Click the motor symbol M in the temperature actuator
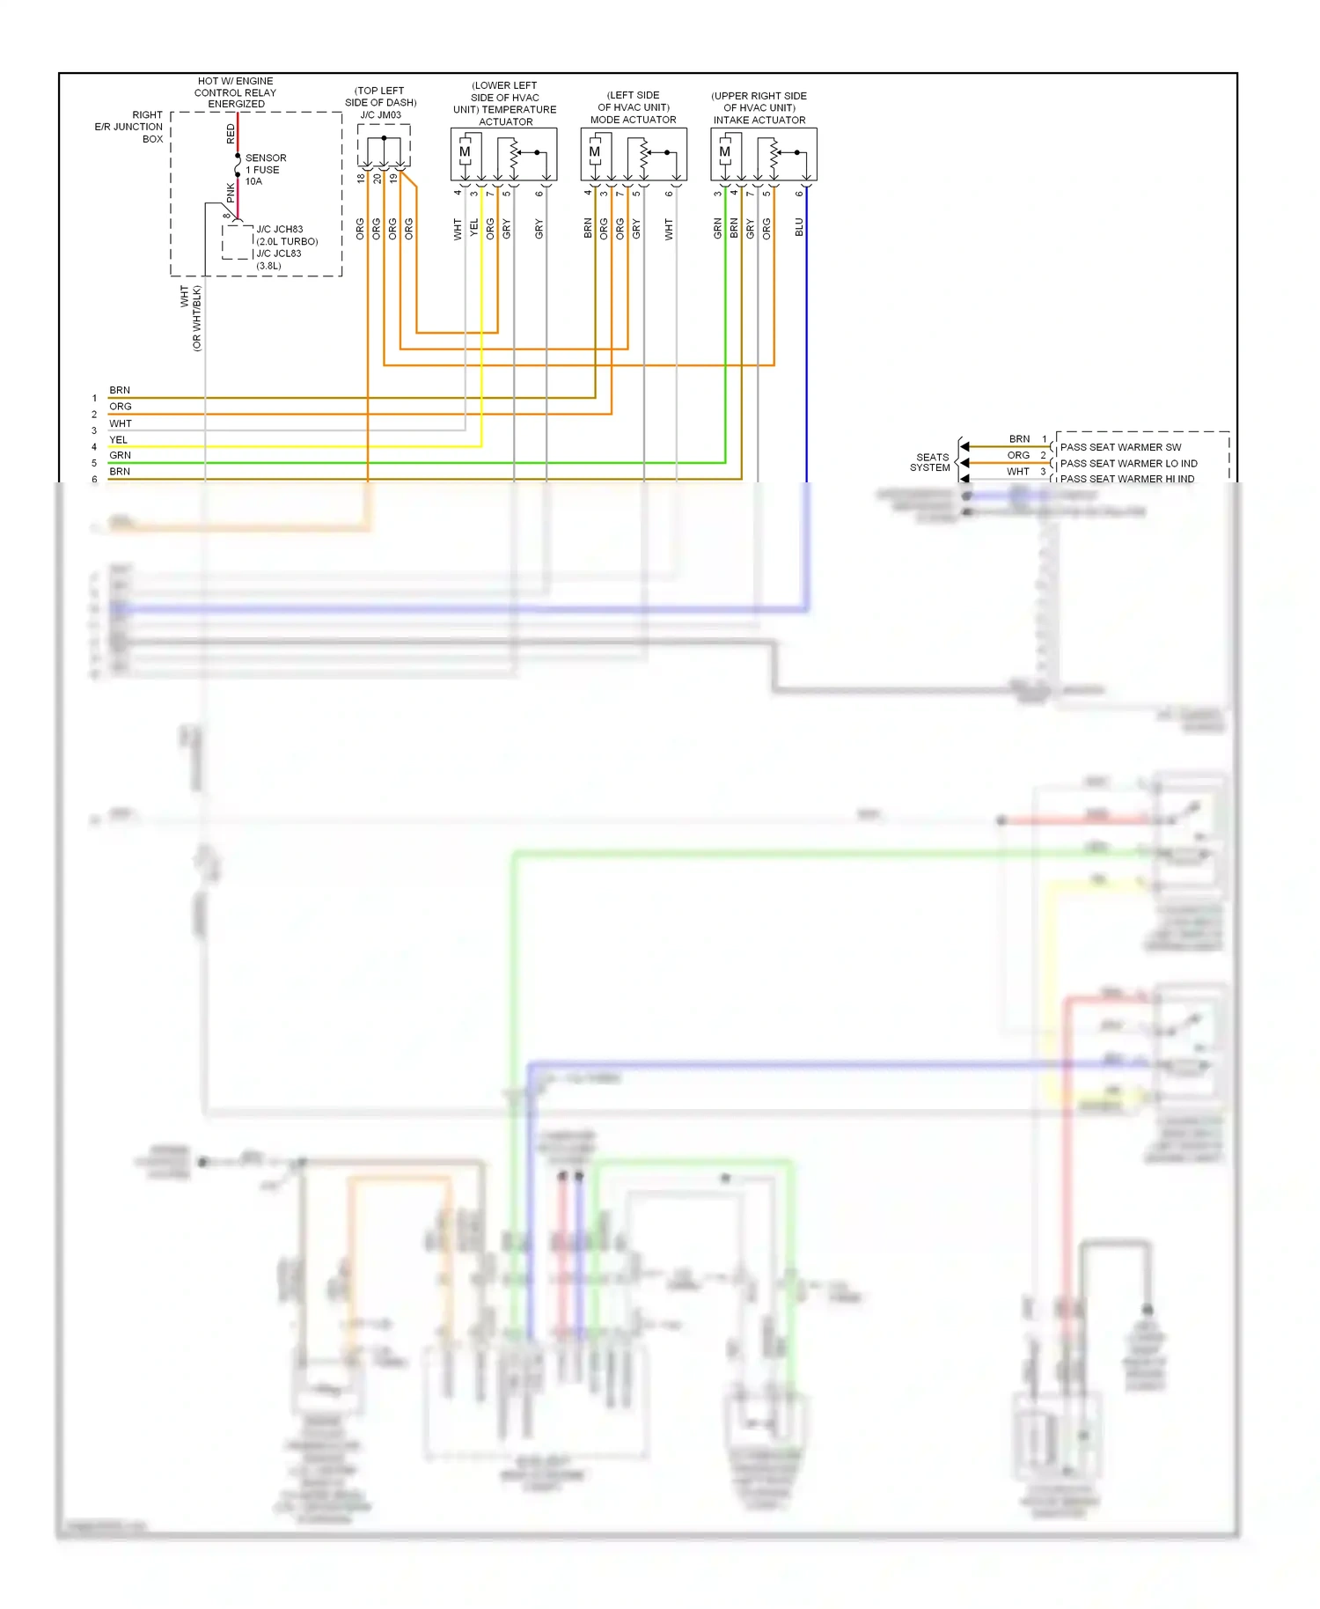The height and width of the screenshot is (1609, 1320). click(465, 152)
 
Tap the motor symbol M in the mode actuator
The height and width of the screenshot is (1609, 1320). click(595, 152)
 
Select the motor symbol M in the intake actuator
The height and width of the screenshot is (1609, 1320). click(725, 152)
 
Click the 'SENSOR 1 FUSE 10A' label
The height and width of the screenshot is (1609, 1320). click(265, 170)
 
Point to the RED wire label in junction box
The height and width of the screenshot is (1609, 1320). click(231, 134)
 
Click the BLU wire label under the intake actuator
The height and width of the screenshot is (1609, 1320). click(799, 227)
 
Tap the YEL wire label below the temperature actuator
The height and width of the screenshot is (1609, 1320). click(473, 228)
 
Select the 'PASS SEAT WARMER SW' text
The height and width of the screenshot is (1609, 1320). click(1120, 447)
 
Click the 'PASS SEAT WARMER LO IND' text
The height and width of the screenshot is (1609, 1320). click(1128, 463)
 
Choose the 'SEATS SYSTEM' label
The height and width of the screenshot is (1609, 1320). click(932, 462)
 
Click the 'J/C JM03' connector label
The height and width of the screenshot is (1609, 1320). click(380, 115)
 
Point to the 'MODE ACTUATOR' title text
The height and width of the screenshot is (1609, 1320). click(633, 120)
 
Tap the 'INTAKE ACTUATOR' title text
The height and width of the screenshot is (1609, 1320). click(759, 120)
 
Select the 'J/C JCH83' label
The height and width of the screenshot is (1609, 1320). click(279, 229)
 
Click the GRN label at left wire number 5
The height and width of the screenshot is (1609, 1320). click(120, 455)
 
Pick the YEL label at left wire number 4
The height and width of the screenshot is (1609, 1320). click(118, 439)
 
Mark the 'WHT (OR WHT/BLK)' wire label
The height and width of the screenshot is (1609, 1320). click(190, 317)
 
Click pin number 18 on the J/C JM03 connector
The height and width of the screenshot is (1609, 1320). click(361, 179)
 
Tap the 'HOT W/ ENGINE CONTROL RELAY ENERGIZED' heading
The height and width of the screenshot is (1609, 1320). click(235, 92)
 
